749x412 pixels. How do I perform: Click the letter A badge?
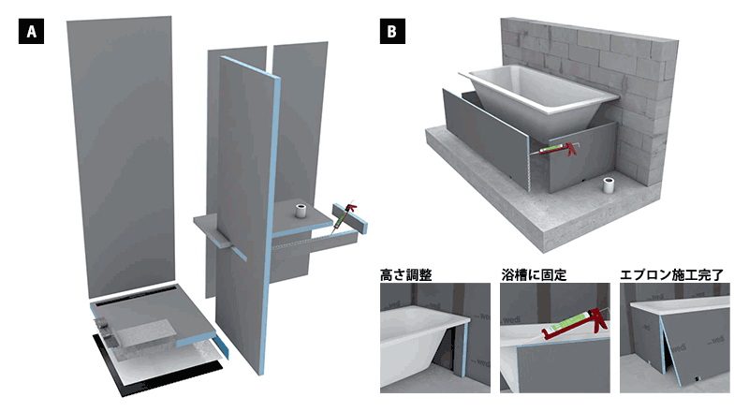click(x=31, y=32)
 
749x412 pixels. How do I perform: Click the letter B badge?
click(x=390, y=32)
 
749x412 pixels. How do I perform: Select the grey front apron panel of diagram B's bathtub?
click(x=487, y=140)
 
